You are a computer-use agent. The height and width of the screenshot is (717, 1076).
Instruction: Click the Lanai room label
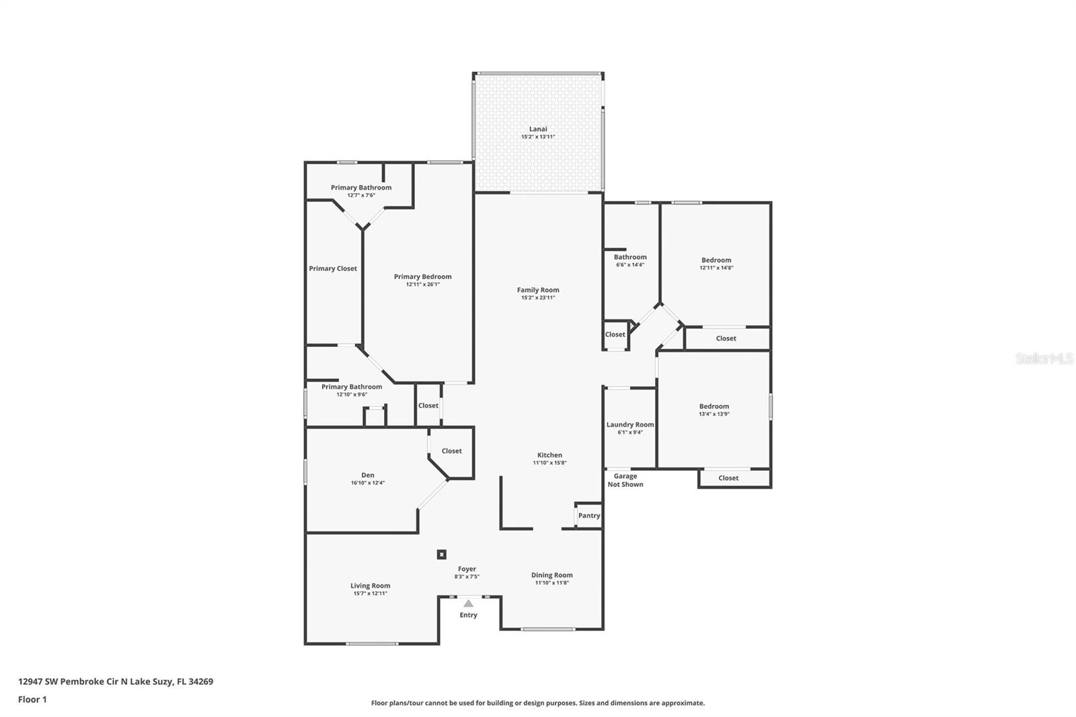(x=538, y=129)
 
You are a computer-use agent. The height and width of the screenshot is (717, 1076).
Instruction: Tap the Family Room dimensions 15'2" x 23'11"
(x=538, y=298)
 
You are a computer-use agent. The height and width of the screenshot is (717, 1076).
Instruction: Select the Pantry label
(x=589, y=516)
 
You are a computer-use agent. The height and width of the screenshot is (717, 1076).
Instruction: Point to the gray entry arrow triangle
(x=468, y=603)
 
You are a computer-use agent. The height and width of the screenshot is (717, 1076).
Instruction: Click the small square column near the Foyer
(x=442, y=554)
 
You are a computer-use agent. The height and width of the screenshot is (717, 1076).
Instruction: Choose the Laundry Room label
(x=630, y=424)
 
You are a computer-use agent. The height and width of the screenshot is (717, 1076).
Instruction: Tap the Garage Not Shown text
(x=625, y=480)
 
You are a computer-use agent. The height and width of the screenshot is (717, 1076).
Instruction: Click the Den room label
(x=368, y=475)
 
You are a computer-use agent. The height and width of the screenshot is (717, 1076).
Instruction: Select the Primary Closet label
(x=333, y=268)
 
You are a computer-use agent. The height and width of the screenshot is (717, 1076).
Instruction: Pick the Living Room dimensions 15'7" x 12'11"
(x=371, y=593)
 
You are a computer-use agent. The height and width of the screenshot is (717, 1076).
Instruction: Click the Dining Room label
(x=552, y=575)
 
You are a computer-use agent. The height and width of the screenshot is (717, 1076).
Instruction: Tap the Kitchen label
(x=549, y=455)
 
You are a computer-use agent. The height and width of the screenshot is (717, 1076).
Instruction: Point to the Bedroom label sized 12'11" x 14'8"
(x=716, y=260)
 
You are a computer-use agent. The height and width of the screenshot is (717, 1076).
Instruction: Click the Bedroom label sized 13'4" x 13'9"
(x=714, y=406)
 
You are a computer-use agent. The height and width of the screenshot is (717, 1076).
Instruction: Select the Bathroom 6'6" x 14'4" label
(x=630, y=257)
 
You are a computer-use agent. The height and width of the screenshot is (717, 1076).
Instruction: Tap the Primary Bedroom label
(x=422, y=276)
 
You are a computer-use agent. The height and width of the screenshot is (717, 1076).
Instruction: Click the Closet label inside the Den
(x=452, y=451)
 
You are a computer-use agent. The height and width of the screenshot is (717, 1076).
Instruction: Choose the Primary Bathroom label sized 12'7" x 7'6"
(x=361, y=188)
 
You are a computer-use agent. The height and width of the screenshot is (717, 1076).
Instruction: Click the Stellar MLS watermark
(x=1044, y=359)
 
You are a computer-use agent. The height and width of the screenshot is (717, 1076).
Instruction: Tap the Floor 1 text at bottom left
(x=32, y=700)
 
